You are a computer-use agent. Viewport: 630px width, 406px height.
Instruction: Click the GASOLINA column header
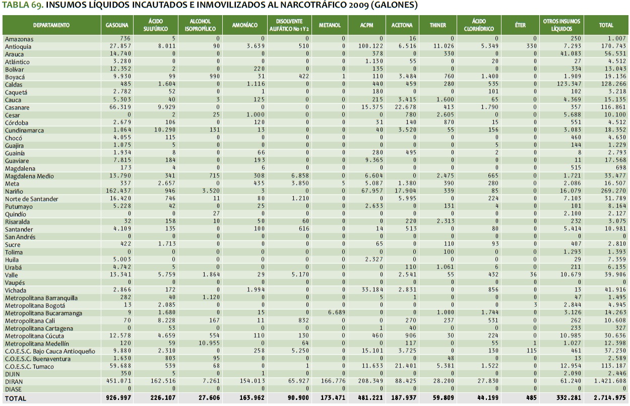point(117,25)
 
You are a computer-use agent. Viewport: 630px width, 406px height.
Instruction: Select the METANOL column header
point(330,25)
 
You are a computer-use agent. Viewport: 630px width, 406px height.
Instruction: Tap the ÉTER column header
point(520,25)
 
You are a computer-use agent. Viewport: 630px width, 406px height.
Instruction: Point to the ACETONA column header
point(402,25)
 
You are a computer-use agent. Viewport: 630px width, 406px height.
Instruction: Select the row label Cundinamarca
point(24,131)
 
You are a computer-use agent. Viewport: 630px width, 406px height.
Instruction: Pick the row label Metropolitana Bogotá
point(35,306)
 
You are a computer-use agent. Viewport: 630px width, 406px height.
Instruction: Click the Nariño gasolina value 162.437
point(119,192)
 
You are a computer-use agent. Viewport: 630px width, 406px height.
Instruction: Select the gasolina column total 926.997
point(119,398)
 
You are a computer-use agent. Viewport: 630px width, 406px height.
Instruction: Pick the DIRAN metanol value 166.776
point(333,382)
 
